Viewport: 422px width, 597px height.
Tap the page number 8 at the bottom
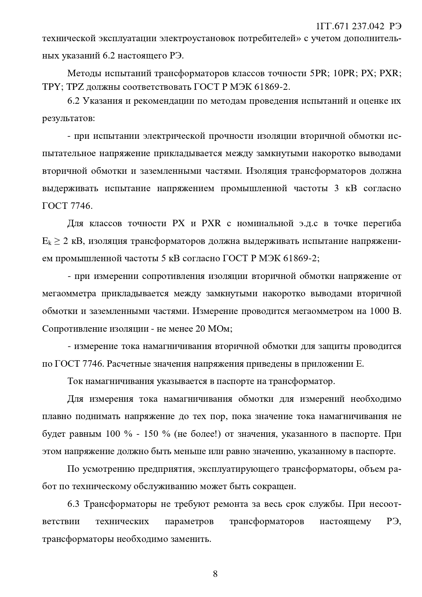pyautogui.click(x=215, y=574)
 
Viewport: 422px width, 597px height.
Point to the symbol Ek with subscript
pyautogui.click(x=47, y=242)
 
